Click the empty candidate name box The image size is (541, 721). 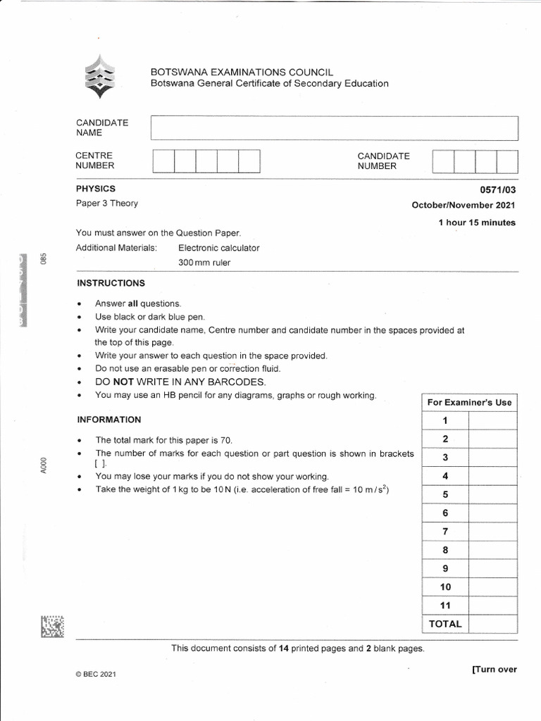pyautogui.click(x=335, y=127)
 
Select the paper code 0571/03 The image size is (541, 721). pyautogui.click(x=498, y=189)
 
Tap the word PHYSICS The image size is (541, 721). pyautogui.click(x=96, y=189)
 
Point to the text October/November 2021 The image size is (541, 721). pyautogui.click(x=464, y=206)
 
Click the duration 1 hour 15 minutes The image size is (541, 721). pyautogui.click(x=476, y=222)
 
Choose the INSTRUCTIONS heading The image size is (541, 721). pyautogui.click(x=111, y=283)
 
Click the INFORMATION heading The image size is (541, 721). pyautogui.click(x=109, y=420)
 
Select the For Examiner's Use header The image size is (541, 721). pyautogui.click(x=469, y=403)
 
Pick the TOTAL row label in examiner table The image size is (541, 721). pyautogui.click(x=444, y=624)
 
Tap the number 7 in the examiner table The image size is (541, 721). pyautogui.click(x=445, y=532)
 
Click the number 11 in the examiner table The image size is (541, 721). pyautogui.click(x=445, y=606)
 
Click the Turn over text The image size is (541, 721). pyautogui.click(x=495, y=669)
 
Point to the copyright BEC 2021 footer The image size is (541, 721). pyautogui.click(x=95, y=675)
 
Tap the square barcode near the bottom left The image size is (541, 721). pyautogui.click(x=52, y=627)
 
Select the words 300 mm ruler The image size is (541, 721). pyautogui.click(x=204, y=263)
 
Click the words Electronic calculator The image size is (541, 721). pyautogui.click(x=219, y=248)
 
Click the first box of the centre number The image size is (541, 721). pyautogui.click(x=163, y=161)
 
